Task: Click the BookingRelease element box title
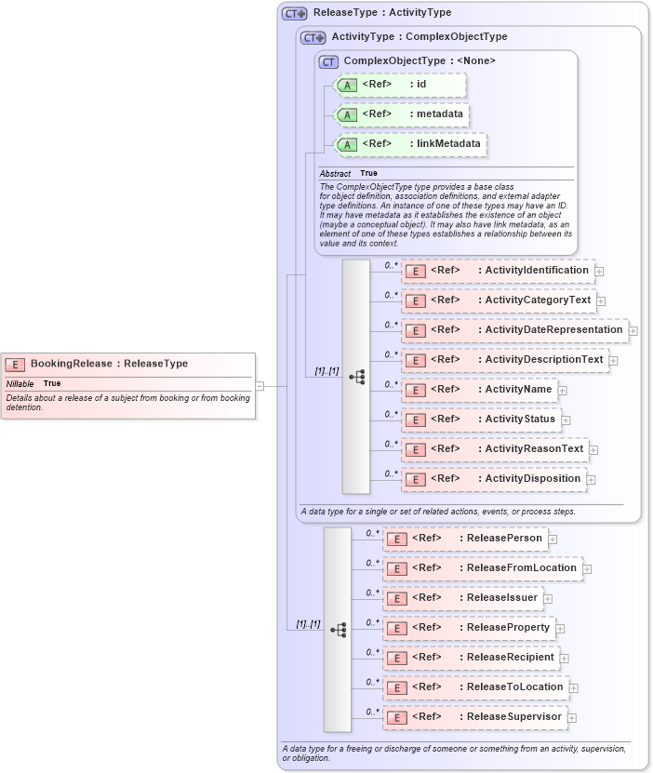[109, 364]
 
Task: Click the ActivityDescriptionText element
[505, 360]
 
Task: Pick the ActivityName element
[480, 390]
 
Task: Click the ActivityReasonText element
[496, 449]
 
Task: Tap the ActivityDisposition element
[494, 479]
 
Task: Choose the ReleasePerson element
[465, 539]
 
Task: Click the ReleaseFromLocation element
[483, 568]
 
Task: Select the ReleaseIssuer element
[463, 598]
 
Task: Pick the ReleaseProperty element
[469, 628]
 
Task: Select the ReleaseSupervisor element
[475, 717]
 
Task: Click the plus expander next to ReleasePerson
[553, 539]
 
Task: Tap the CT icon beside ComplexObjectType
[328, 61]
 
